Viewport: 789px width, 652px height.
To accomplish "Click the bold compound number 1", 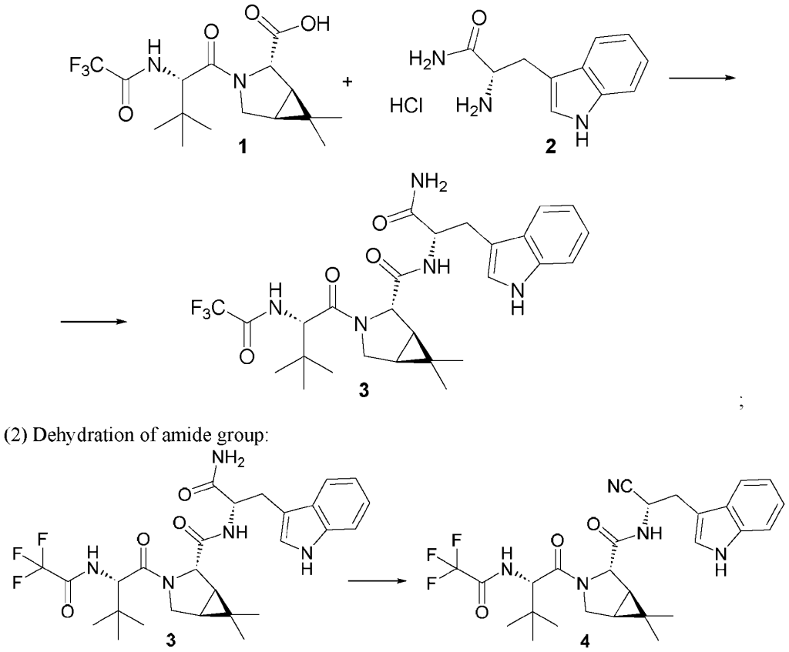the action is pyautogui.click(x=243, y=148).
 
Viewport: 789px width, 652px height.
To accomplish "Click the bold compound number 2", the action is pyautogui.click(x=551, y=147).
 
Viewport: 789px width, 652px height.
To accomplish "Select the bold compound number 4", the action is pyautogui.click(x=584, y=642).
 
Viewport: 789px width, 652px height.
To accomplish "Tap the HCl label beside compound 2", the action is pyautogui.click(x=406, y=106).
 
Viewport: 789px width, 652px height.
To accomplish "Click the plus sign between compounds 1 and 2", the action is pyautogui.click(x=347, y=82).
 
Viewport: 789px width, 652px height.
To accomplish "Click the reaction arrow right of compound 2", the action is pyautogui.click(x=702, y=77).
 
